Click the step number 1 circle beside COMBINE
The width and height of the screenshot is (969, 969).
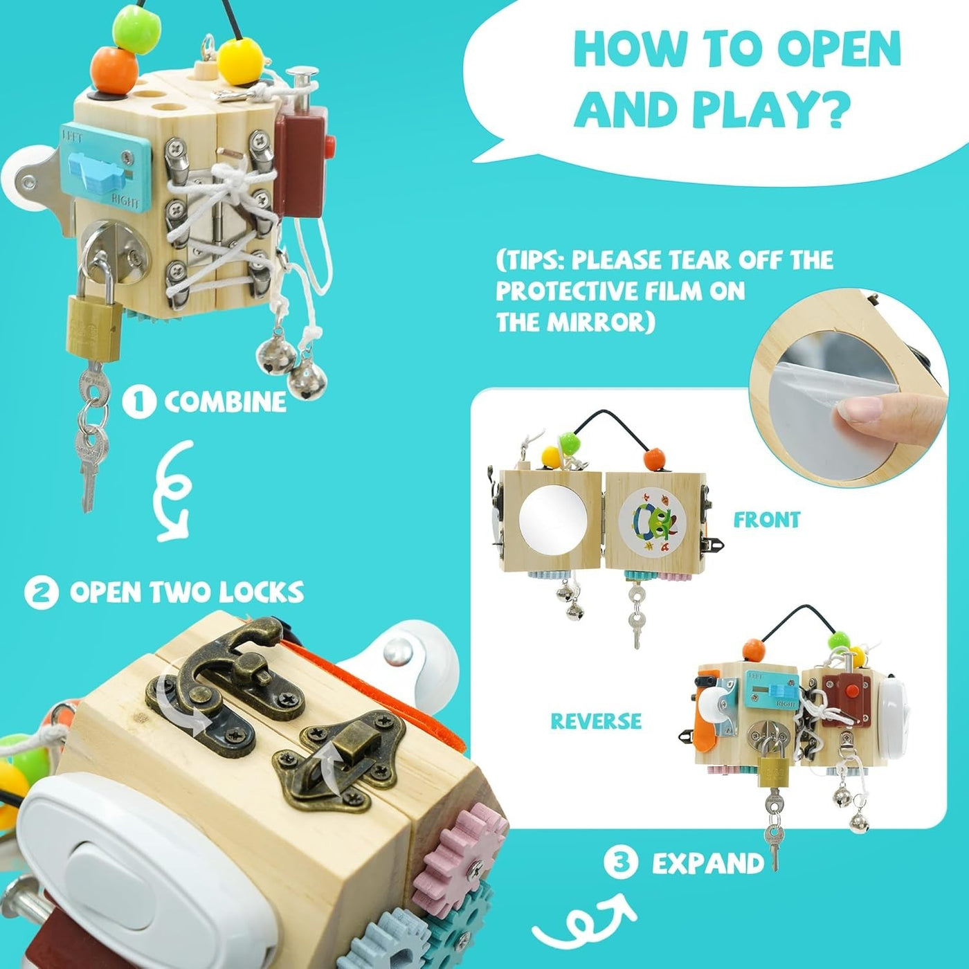139,401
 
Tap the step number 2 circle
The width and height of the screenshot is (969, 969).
42,592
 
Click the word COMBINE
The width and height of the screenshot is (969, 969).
225,401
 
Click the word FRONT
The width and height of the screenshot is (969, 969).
766,519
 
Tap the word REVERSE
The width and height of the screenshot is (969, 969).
596,721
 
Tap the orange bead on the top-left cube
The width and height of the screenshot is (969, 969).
114,71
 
